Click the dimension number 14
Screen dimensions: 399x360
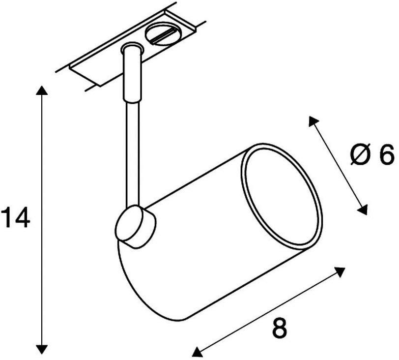(16, 217)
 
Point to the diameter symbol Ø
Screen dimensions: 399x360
(360, 155)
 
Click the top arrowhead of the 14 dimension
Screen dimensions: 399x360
(41, 90)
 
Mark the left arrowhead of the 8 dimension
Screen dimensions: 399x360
(197, 351)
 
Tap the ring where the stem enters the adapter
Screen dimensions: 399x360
(132, 48)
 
